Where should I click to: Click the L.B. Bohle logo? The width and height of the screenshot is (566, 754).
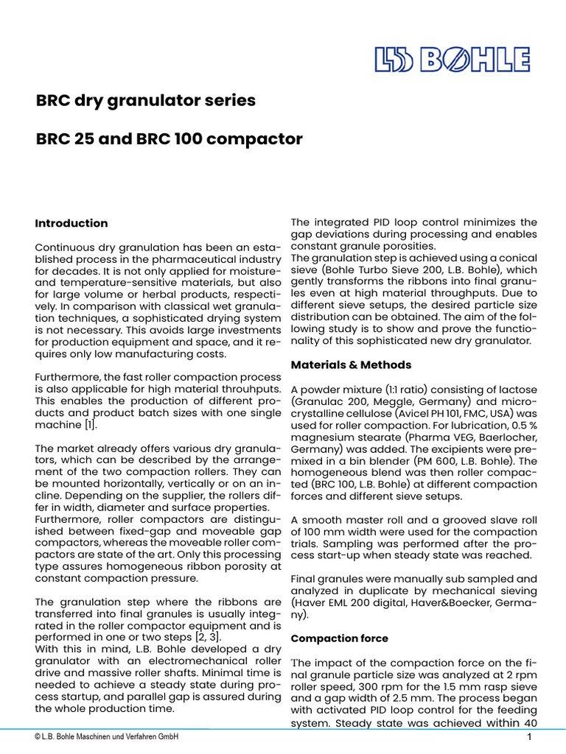(x=453, y=60)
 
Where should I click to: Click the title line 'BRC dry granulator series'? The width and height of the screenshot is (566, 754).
(x=146, y=101)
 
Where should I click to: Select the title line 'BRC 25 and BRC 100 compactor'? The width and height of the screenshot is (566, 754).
(x=170, y=139)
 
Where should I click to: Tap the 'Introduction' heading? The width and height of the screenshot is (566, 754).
(x=71, y=223)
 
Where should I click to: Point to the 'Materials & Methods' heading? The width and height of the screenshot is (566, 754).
(x=351, y=364)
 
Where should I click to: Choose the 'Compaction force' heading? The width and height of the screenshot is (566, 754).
(x=339, y=638)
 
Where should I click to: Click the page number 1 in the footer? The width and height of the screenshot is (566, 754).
(x=530, y=738)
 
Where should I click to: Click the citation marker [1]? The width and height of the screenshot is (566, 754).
(x=88, y=425)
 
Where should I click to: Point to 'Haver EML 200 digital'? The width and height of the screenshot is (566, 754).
(x=349, y=602)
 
